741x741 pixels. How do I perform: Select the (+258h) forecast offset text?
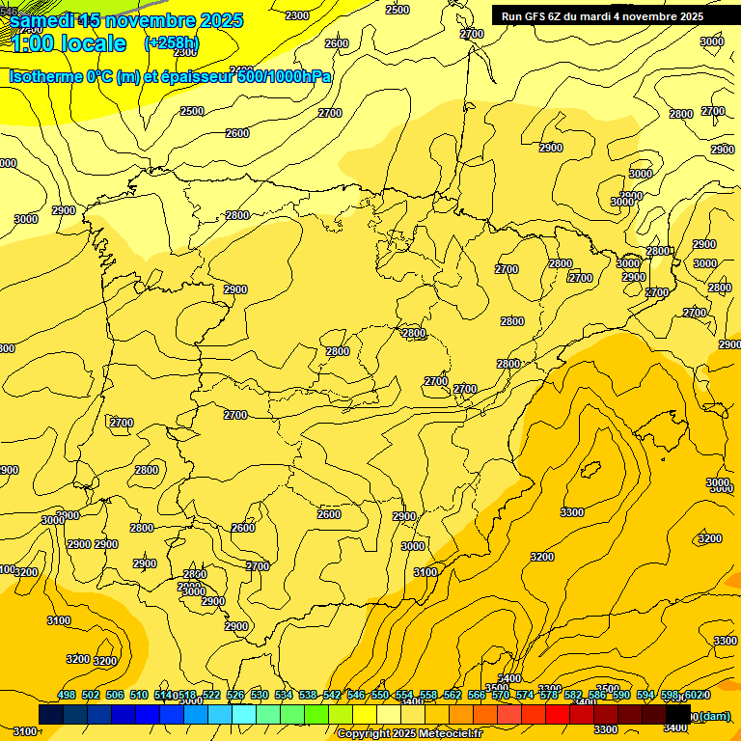172,43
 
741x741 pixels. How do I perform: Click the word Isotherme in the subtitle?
46,76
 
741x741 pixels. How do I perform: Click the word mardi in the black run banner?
597,16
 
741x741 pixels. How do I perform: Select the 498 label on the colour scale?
67,695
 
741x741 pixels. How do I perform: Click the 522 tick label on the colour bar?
211,695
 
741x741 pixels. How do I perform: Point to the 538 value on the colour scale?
308,695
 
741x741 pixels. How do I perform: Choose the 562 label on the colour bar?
453,695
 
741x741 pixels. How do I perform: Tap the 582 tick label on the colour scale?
573,695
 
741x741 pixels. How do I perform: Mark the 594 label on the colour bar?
645,695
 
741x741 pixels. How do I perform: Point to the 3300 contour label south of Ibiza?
572,511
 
